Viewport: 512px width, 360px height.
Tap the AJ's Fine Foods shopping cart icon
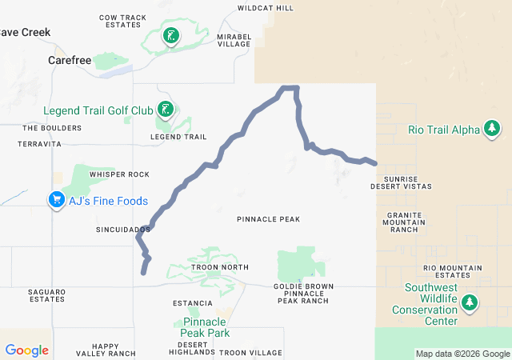(56, 199)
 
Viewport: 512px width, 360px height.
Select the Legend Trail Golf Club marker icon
(164, 110)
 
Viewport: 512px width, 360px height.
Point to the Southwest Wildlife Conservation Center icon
(470, 303)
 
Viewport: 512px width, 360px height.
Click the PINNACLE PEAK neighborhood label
(268, 218)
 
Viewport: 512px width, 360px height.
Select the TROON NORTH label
(220, 267)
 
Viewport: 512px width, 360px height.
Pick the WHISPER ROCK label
(119, 174)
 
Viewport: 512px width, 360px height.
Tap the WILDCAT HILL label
(266, 8)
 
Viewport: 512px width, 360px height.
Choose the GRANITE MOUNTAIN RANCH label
(403, 222)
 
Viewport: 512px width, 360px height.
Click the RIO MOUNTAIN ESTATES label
(452, 271)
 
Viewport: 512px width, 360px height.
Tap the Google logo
(26, 350)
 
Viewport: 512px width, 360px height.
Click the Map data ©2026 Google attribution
(462, 354)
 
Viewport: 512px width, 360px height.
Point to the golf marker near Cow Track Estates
(170, 35)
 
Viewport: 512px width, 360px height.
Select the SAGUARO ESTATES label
(46, 295)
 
